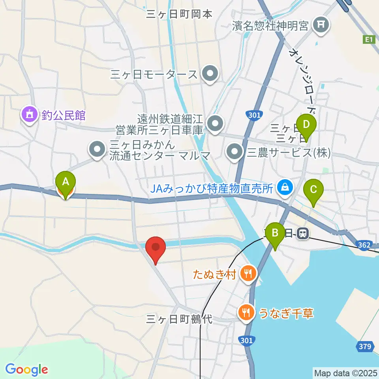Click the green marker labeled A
[66, 182]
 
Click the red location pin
[156, 248]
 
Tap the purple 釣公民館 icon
[30, 115]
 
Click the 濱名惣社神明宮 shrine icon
[321, 26]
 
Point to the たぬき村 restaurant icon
[248, 273]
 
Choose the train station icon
[303, 234]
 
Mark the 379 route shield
[365, 347]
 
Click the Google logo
[26, 370]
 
